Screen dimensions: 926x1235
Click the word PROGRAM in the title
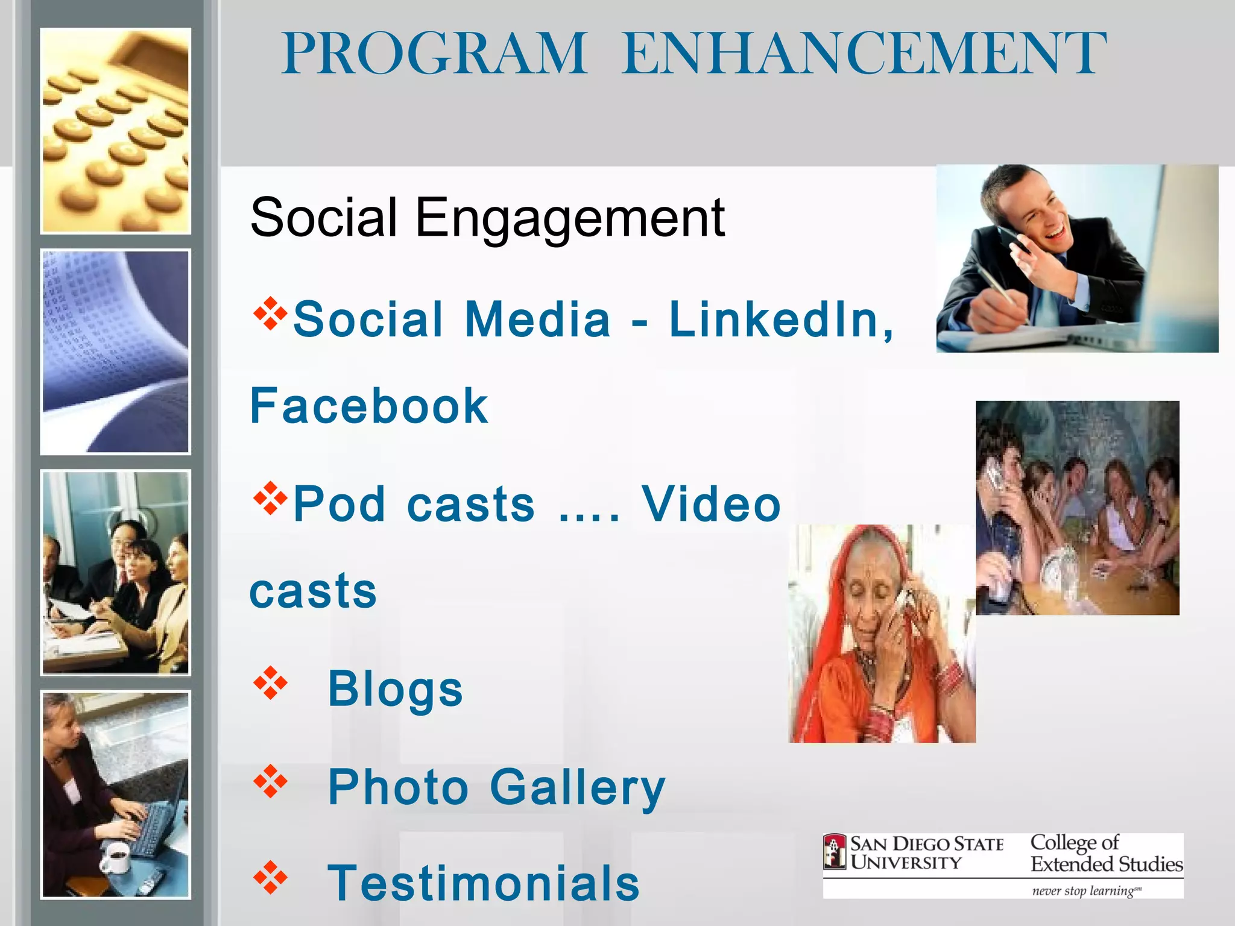(x=434, y=54)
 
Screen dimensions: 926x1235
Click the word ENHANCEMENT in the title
(x=864, y=54)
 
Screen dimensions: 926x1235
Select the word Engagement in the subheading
(x=569, y=218)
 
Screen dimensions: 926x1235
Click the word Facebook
(x=368, y=406)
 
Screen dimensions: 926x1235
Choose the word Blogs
(x=395, y=688)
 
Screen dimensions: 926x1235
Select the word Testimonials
(x=483, y=883)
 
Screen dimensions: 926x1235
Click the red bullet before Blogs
(x=270, y=682)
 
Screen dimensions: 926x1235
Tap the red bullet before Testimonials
(x=270, y=878)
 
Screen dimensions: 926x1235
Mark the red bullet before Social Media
(x=270, y=313)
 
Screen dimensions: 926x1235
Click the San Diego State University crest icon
(x=835, y=852)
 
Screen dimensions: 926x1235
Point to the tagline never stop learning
(x=1086, y=890)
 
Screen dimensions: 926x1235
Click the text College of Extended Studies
(x=1105, y=853)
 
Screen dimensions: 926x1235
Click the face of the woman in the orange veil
(x=868, y=600)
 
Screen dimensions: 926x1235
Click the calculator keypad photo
(x=116, y=131)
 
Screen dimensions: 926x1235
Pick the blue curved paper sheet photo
(x=116, y=351)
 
